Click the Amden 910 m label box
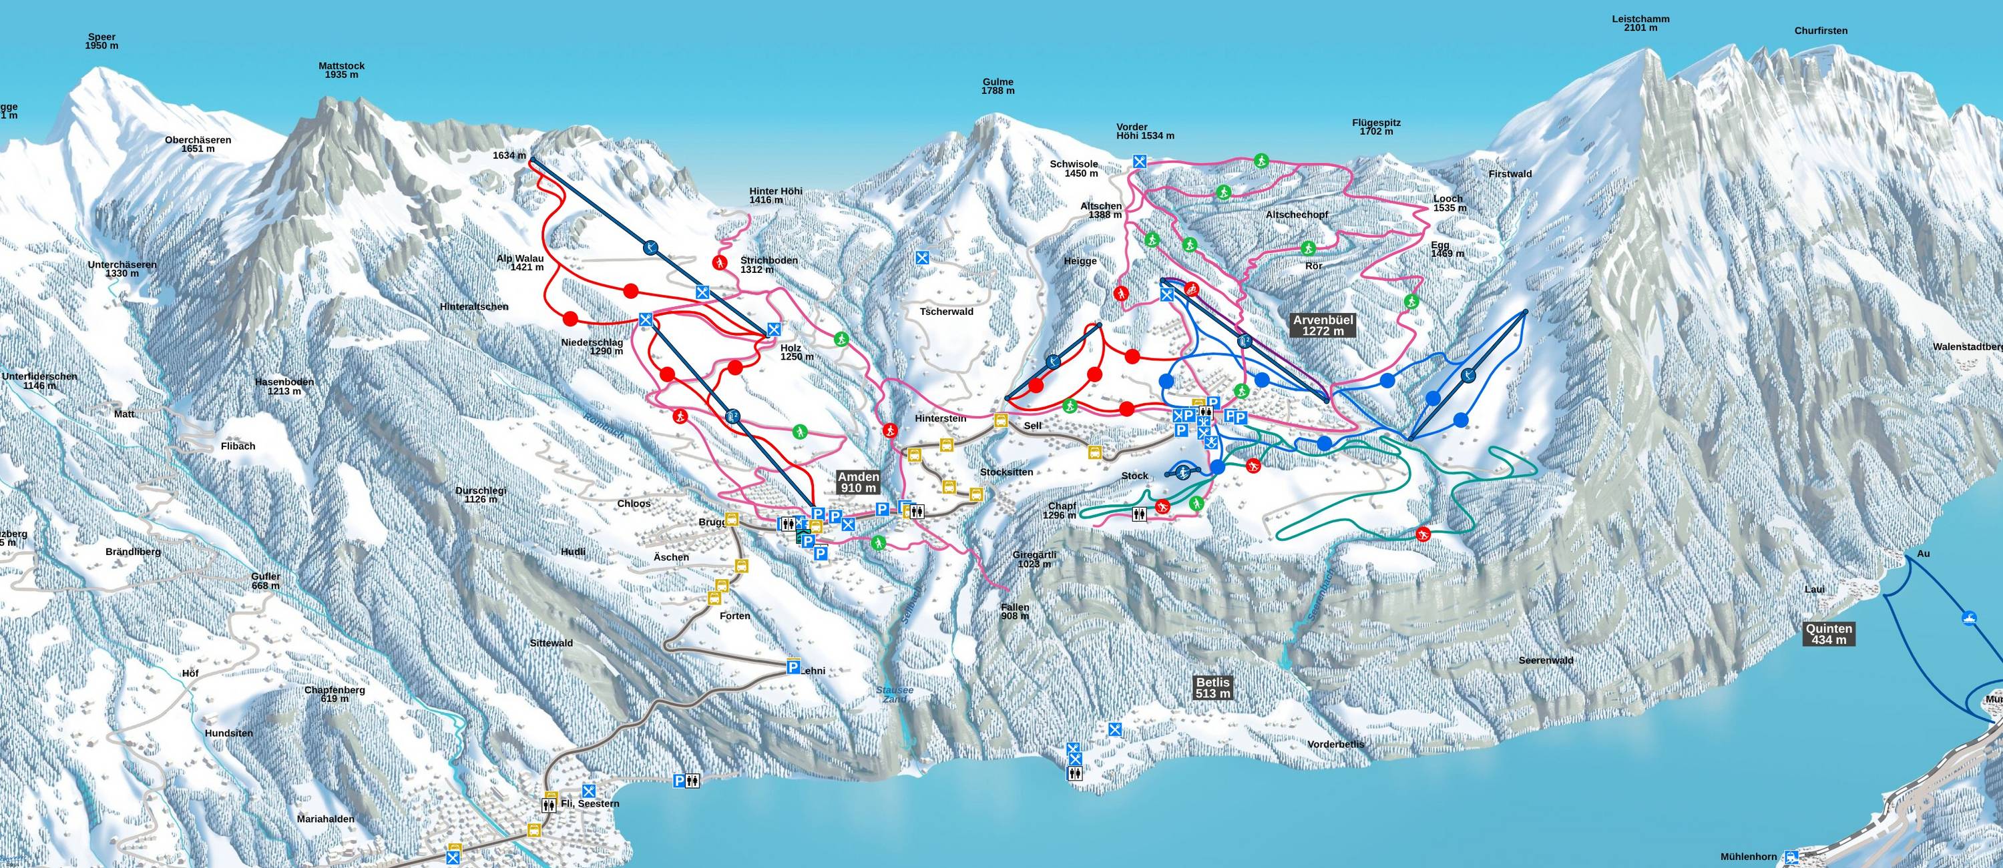[x=859, y=482]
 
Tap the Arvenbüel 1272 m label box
[x=1323, y=325]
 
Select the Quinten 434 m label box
[x=1829, y=634]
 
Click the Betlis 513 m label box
[x=1213, y=688]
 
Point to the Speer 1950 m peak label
[x=102, y=41]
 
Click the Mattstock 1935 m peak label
[x=341, y=70]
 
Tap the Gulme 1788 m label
[x=997, y=86]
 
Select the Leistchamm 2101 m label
[x=1640, y=23]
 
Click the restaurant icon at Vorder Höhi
[x=1140, y=161]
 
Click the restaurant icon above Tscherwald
[x=922, y=258]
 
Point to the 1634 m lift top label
[x=509, y=155]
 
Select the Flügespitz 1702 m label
[x=1375, y=127]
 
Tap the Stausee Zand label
[x=894, y=694]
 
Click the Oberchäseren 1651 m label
[x=198, y=145]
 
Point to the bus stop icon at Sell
[x=1001, y=420]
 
